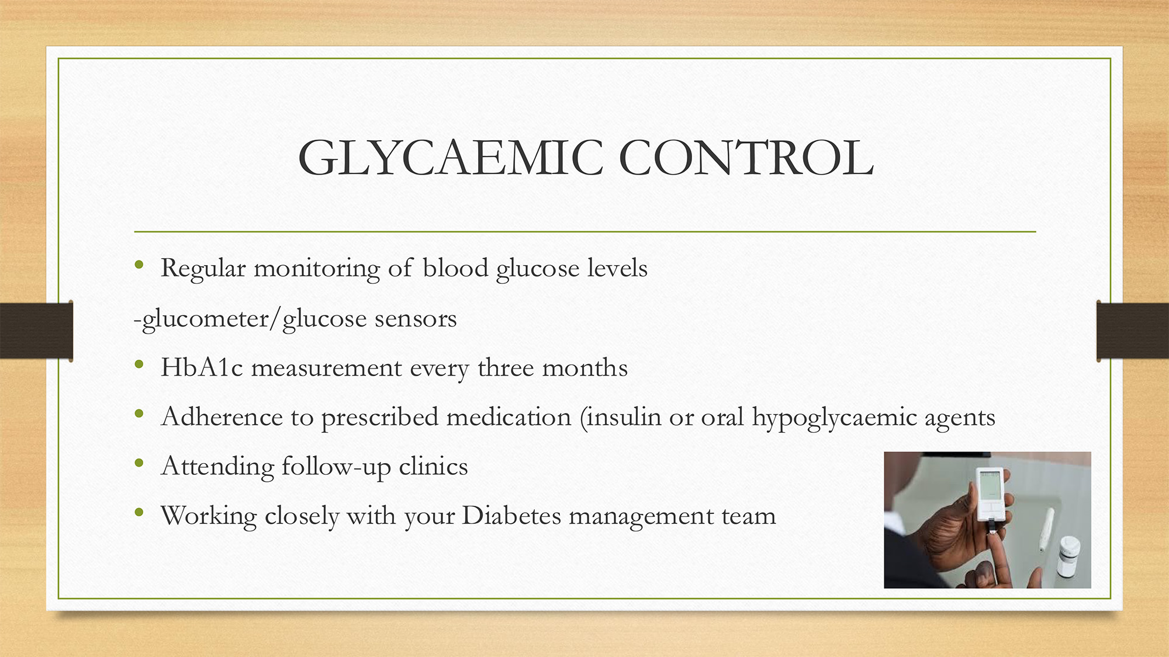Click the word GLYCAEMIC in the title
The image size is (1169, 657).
pos(450,158)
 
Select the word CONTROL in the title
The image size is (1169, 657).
pos(746,158)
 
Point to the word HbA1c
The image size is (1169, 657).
pos(202,367)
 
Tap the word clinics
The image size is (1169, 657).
pos(433,466)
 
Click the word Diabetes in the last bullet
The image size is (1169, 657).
pos(511,516)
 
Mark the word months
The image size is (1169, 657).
pos(585,367)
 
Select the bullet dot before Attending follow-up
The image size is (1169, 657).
pos(139,464)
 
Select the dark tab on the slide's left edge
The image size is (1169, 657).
pos(36,331)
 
